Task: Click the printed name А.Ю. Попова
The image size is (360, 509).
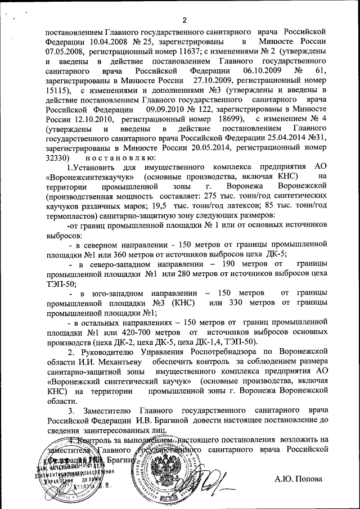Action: tap(299, 479)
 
